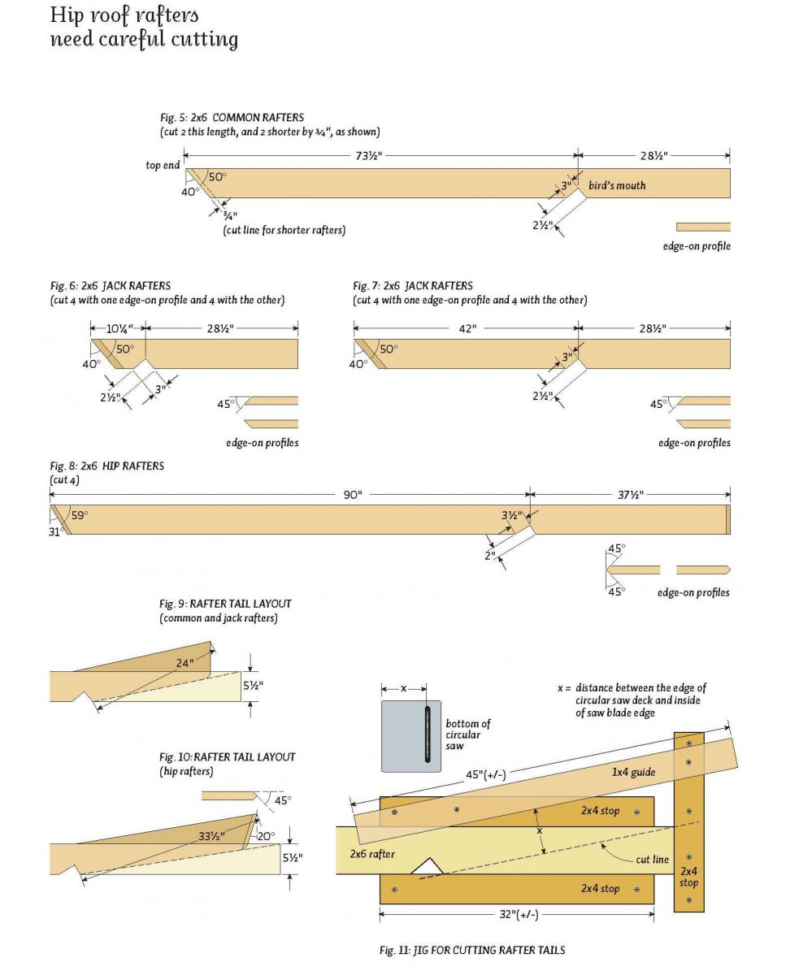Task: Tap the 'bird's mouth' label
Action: [617, 185]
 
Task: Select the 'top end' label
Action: [163, 165]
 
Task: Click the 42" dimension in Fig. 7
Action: [467, 328]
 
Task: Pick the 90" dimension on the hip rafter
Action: [352, 495]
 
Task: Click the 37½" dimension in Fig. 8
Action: [630, 495]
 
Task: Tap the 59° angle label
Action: [79, 514]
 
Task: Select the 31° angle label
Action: [56, 531]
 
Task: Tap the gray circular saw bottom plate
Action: [411, 736]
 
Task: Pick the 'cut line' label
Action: [653, 859]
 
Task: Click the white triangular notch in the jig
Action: [427, 868]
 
